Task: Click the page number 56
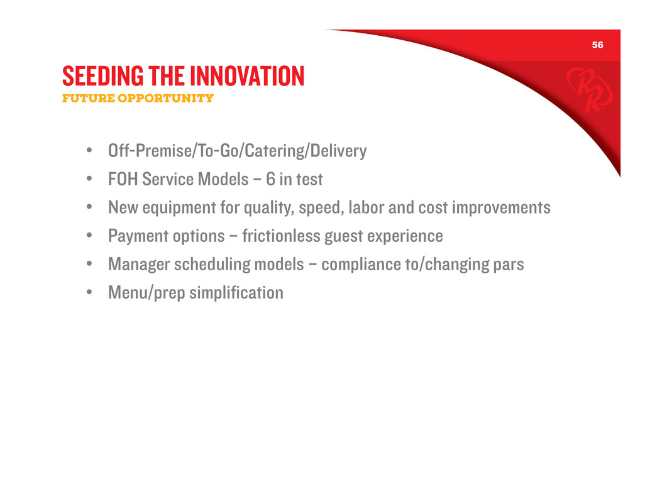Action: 597,45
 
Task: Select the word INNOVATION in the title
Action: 247,76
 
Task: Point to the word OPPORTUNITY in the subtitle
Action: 165,98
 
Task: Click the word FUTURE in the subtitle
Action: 88,98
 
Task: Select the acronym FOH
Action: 123,179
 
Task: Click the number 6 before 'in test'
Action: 271,179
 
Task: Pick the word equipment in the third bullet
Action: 179,208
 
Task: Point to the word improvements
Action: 501,207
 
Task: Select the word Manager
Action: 139,265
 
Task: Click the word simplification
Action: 236,293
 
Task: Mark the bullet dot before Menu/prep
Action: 89,292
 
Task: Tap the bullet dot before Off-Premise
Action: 89,150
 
